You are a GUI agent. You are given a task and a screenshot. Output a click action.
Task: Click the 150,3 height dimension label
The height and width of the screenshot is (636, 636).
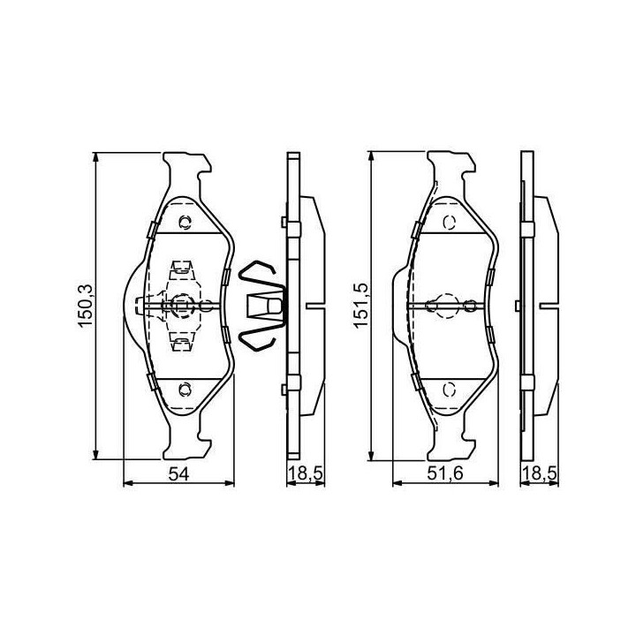click(x=87, y=306)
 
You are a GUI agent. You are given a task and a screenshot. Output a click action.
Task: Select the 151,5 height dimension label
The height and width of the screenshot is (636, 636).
click(x=360, y=306)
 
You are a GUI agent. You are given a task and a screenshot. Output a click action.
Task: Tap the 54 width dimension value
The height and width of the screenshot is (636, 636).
click(x=178, y=473)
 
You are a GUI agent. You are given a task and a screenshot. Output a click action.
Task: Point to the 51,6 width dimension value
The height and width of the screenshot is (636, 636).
click(x=445, y=473)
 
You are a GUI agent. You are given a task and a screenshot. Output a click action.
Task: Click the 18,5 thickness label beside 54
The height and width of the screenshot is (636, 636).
click(x=306, y=473)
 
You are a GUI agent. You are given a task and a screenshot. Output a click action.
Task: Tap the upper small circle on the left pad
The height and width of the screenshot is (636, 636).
click(x=185, y=222)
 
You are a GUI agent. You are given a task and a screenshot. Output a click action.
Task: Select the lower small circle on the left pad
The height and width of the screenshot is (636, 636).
click(x=185, y=390)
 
